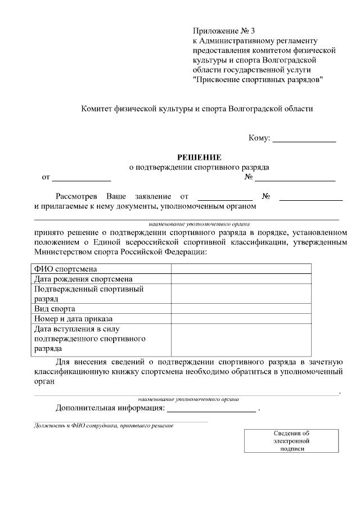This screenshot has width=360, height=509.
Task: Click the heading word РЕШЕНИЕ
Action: click(x=200, y=157)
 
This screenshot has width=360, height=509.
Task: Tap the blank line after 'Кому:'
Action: click(x=304, y=138)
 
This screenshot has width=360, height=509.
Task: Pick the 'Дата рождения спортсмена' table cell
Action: click(x=83, y=279)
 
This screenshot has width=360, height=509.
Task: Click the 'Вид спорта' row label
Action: click(x=55, y=309)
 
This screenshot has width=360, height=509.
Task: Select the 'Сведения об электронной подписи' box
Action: click(x=291, y=441)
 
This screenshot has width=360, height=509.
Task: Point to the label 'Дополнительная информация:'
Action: click(x=110, y=408)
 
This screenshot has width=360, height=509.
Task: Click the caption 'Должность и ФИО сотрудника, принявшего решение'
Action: click(x=103, y=426)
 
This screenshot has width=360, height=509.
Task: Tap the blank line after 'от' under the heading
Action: click(x=82, y=178)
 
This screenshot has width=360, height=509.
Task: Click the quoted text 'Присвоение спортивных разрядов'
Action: click(x=258, y=80)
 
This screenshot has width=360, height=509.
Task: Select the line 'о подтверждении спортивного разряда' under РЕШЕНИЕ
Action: click(x=199, y=167)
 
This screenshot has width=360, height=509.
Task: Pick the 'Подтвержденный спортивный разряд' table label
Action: click(x=89, y=294)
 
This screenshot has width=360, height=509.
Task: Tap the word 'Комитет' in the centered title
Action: click(x=98, y=108)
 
